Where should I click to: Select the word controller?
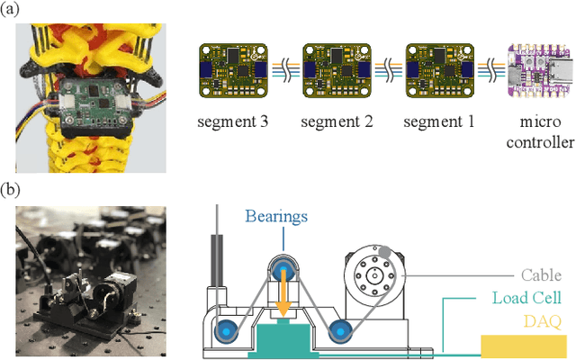point(540,142)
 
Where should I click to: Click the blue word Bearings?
point(275,217)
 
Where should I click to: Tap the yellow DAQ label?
point(543,320)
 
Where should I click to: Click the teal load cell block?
point(282,339)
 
